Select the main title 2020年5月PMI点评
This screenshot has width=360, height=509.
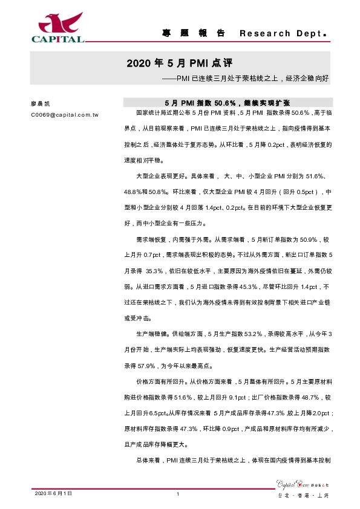[x=180, y=63]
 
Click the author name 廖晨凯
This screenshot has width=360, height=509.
[x=39, y=103]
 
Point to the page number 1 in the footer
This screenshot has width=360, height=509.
[x=179, y=494]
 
